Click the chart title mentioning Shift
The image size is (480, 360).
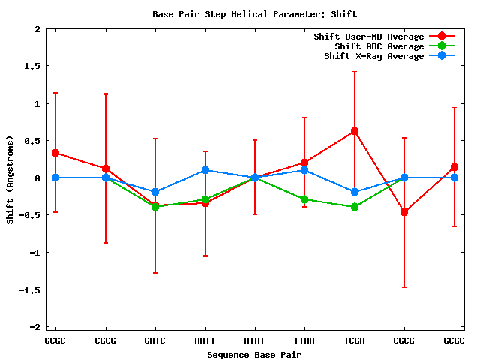coord(254,14)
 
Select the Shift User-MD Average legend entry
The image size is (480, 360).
coord(368,37)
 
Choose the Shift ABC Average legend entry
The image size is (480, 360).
coord(379,46)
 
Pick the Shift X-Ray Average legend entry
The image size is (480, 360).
coord(373,56)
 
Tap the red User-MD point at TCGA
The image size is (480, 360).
coord(355,131)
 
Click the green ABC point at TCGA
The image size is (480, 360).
coord(355,207)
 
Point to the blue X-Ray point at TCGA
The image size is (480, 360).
coord(355,192)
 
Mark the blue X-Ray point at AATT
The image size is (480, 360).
coord(205,170)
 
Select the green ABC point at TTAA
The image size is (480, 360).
coord(304,199)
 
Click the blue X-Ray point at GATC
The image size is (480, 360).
coord(155,192)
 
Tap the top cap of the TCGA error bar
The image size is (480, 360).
coord(355,71)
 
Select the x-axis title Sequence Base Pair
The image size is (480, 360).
coord(254,353)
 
